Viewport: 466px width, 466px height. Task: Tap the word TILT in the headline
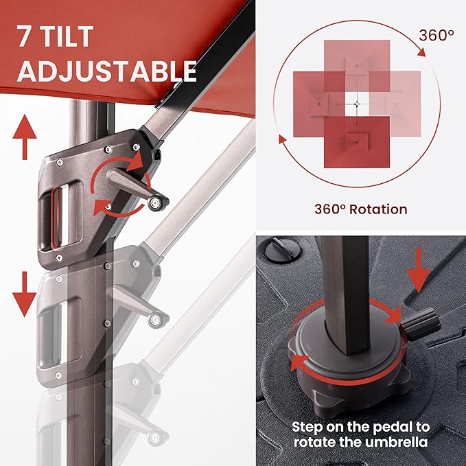click(65, 36)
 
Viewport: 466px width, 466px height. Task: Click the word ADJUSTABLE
click(106, 71)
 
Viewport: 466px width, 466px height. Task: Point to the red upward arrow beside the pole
click(25, 137)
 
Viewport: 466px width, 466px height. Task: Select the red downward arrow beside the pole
click(25, 294)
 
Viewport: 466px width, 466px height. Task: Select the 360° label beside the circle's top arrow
click(436, 36)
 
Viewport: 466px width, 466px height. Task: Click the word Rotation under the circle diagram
click(378, 209)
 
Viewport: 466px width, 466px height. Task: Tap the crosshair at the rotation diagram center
click(358, 104)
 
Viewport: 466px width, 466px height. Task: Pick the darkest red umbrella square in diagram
click(357, 142)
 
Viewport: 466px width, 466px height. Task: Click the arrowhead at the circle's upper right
click(421, 52)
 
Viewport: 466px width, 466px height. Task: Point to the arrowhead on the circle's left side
click(282, 139)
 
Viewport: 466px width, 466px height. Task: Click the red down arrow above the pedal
click(419, 270)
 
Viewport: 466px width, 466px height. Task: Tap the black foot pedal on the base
click(421, 325)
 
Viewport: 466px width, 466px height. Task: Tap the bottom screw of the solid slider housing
click(59, 257)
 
